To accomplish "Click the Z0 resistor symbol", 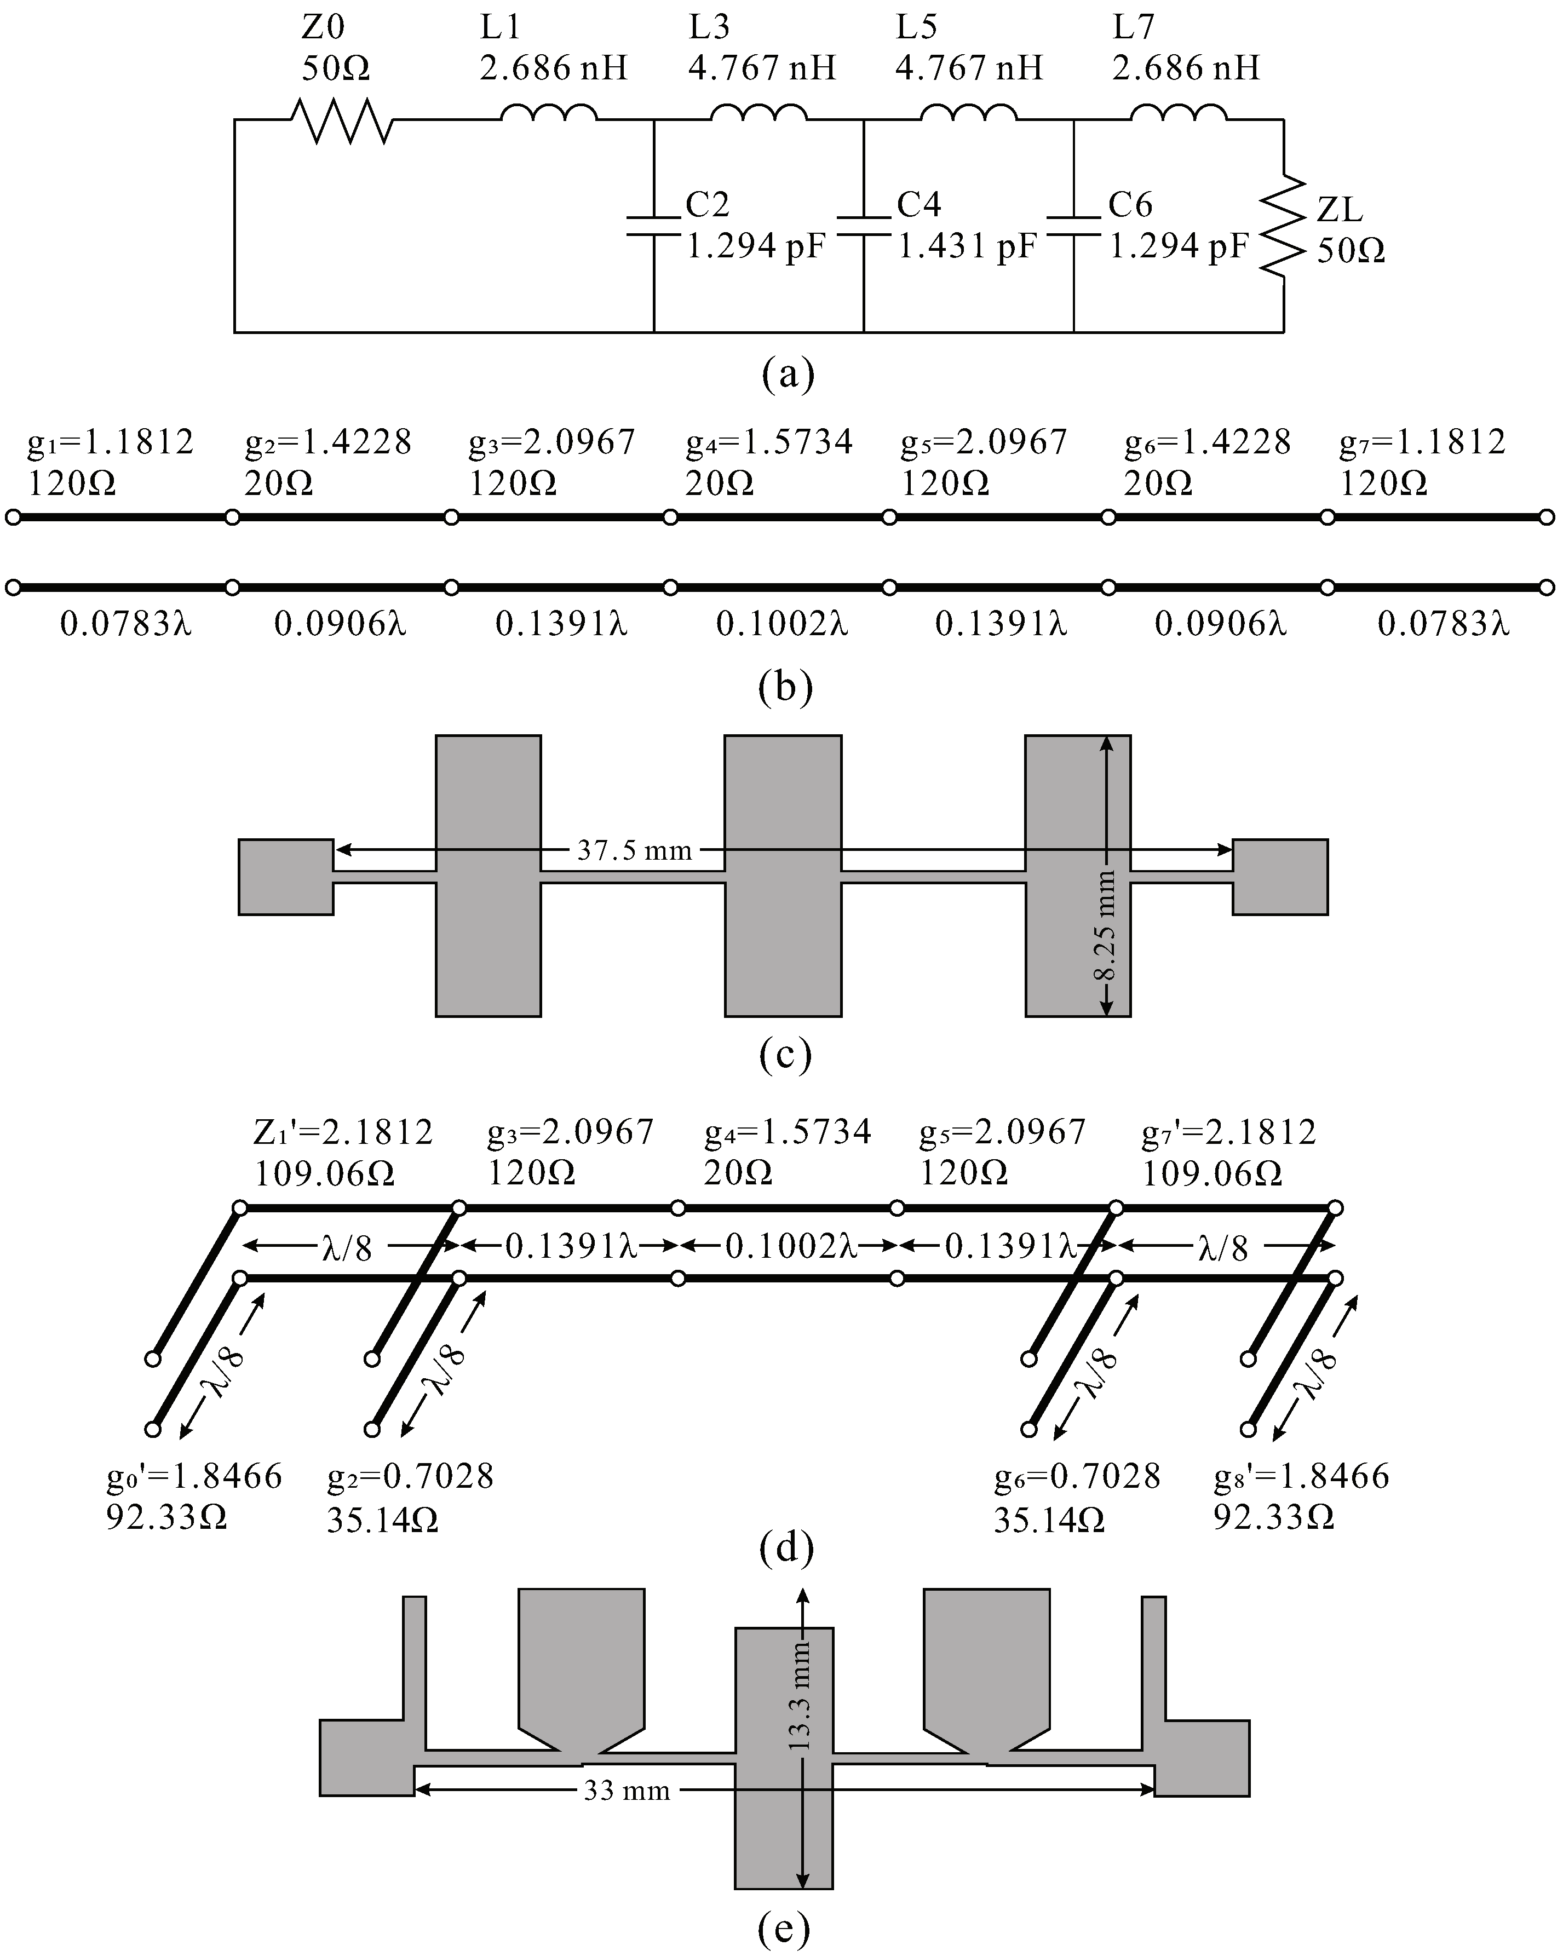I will (x=341, y=120).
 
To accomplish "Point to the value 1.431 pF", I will (x=968, y=246).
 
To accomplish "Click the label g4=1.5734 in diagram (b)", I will (x=769, y=442).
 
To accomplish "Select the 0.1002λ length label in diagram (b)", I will (x=781, y=624).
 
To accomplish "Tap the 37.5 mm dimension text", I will (x=635, y=850).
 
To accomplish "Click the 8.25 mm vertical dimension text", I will (x=1105, y=926).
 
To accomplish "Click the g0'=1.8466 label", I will (x=194, y=1477).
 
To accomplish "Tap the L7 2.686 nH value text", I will (x=1186, y=67).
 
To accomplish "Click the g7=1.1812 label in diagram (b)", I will (x=1422, y=442).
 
